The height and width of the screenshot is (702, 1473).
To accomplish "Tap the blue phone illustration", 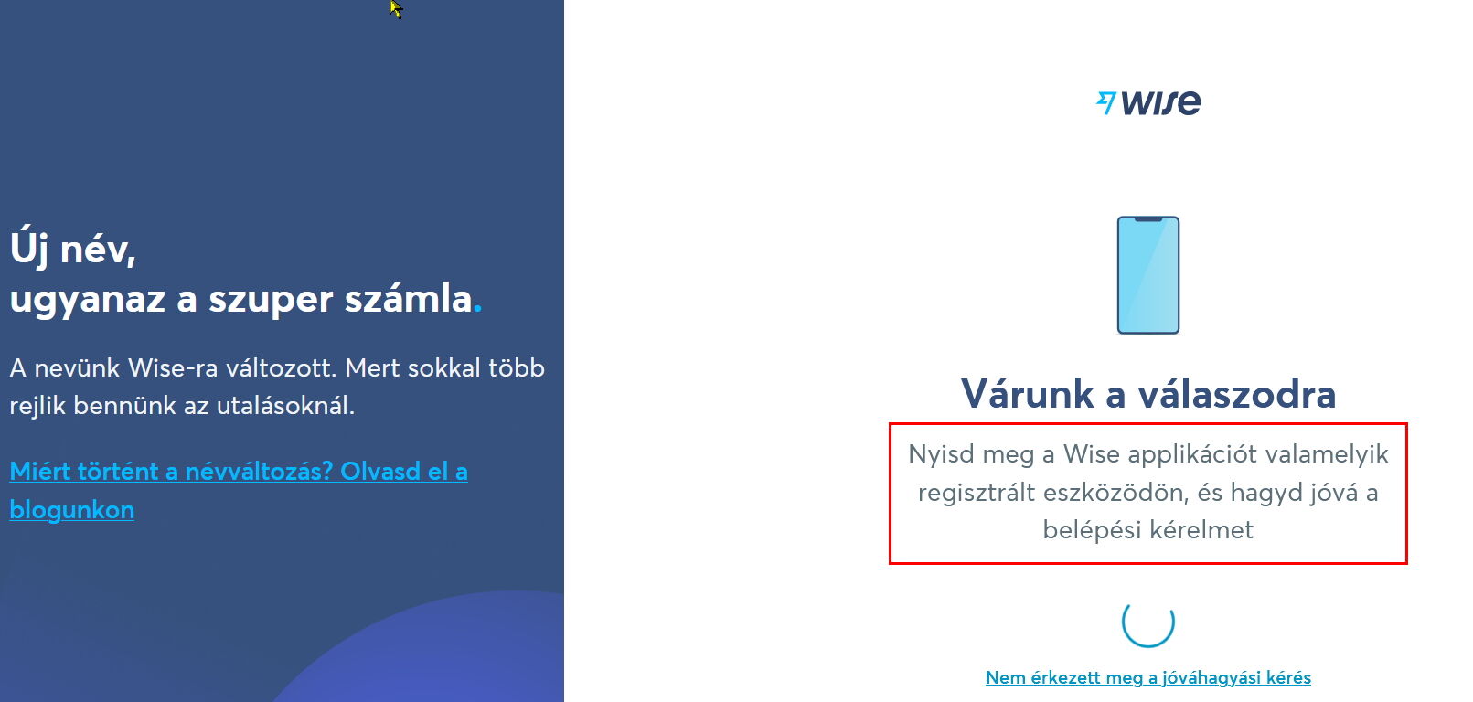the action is (1148, 275).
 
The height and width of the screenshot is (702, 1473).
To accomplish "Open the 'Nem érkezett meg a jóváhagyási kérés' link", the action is (1148, 677).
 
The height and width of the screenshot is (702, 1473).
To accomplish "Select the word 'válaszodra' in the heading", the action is (1237, 394).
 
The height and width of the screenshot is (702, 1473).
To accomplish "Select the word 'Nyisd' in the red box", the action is (938, 455).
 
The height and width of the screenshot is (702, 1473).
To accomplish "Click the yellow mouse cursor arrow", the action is (395, 9).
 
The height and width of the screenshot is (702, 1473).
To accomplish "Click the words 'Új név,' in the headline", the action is (73, 250).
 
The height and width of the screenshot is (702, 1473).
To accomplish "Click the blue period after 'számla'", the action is (477, 309).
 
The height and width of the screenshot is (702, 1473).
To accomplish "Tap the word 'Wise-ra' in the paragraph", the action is (172, 368).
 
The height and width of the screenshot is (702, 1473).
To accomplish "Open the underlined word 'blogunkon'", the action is (71, 510).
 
